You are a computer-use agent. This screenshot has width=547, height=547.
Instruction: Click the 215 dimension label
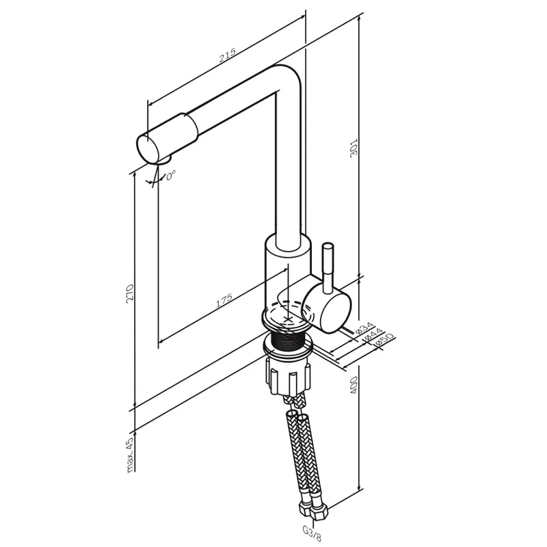228,55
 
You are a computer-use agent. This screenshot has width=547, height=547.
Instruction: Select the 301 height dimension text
353,148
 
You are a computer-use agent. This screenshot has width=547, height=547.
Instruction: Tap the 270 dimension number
130,293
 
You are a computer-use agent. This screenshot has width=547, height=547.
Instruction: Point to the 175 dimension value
224,301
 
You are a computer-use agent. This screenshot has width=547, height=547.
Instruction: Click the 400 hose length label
353,385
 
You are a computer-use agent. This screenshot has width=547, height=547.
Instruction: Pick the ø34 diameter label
364,328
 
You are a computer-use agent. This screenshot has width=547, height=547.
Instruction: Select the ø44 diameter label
373,334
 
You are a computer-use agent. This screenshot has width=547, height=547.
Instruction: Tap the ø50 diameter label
384,341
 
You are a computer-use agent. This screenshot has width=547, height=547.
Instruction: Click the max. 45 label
130,455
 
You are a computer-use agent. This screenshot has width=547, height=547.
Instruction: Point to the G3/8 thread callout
312,533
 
